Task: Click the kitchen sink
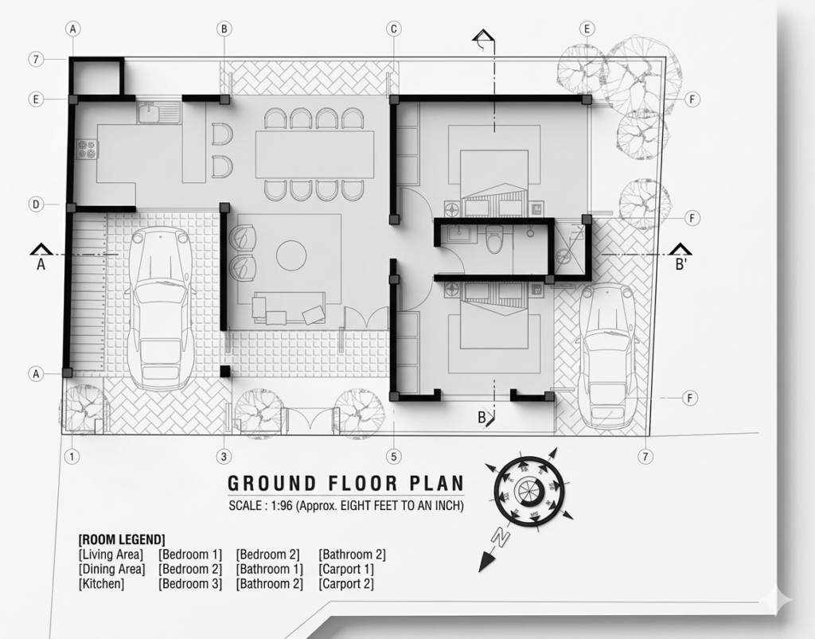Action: (158, 112)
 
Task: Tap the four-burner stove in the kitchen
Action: (87, 149)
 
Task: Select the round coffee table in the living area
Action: (291, 255)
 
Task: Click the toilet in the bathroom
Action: (493, 240)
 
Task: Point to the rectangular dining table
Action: (314, 155)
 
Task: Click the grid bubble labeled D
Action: (36, 205)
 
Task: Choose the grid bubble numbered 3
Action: (224, 457)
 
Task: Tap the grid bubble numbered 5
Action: (393, 457)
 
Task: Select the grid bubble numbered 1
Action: (72, 457)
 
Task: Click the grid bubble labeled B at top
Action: (224, 29)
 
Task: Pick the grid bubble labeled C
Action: (393, 29)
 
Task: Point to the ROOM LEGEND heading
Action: (122, 540)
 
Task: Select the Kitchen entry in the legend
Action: (101, 584)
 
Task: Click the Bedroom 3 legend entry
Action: (190, 584)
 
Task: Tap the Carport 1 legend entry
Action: (346, 570)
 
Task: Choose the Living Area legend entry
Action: (111, 555)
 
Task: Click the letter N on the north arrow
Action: (500, 538)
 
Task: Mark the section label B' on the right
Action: (681, 264)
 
